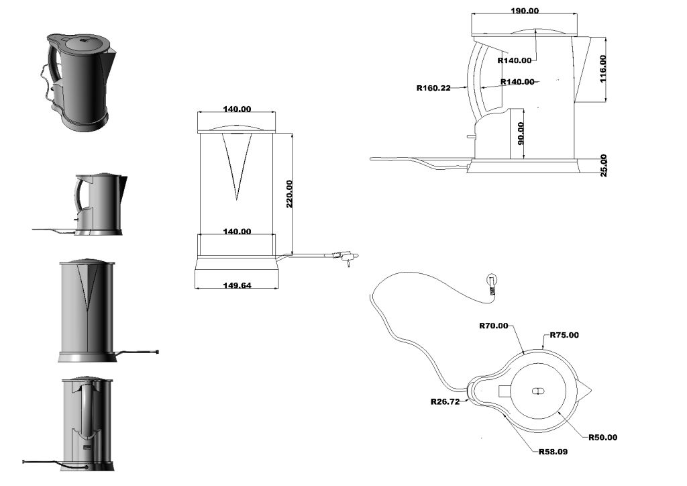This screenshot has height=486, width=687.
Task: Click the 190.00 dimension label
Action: coord(525,11)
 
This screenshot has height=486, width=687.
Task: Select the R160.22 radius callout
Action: coord(433,87)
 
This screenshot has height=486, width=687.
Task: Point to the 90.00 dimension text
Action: coord(521,133)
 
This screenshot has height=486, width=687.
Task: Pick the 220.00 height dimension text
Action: coord(290,194)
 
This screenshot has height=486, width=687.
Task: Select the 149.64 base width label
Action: coord(237,285)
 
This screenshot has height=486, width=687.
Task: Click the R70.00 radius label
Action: coord(494,326)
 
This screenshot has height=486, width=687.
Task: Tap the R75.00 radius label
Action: coord(564,335)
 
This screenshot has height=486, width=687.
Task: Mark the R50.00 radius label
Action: coord(602,437)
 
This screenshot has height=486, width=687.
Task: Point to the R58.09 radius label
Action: coord(553,452)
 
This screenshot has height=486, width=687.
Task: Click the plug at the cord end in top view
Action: coord(492,283)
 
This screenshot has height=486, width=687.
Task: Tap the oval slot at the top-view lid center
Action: coord(537,391)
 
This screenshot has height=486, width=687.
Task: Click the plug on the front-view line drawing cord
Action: coord(346,256)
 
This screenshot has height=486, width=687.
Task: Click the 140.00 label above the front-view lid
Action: coord(237,109)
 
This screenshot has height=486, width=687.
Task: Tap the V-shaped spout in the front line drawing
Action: coord(235,164)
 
